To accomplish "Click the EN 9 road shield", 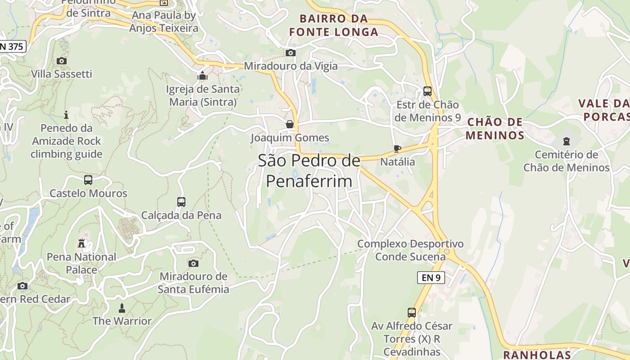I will pos(431,278).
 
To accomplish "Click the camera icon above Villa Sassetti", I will pos(62,61).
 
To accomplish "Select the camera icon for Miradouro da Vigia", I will pos(291,53).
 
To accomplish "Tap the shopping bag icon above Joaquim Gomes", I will pos(290,124).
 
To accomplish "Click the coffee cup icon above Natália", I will pos(397,148).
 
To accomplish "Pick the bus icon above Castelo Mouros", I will pos(88,180).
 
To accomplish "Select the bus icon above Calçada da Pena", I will pos(181,202).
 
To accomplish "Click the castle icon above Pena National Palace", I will pos(81,243).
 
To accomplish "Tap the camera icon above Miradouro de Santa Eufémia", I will pos(193,263).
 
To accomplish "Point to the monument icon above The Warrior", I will pos(121,308).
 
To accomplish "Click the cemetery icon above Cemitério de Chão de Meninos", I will pos(566,141).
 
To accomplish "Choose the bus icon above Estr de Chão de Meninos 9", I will pos(427,91).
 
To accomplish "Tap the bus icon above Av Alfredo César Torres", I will pos(412,312).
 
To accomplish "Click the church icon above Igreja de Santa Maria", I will pos(202,75).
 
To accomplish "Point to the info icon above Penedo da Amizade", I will pos(67,115).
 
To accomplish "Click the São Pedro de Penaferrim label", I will pos(309,171).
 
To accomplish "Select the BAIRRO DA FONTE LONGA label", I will pos(333,25).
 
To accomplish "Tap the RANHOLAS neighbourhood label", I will pos(537,355).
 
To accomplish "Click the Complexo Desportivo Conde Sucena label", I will pos(410,250).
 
